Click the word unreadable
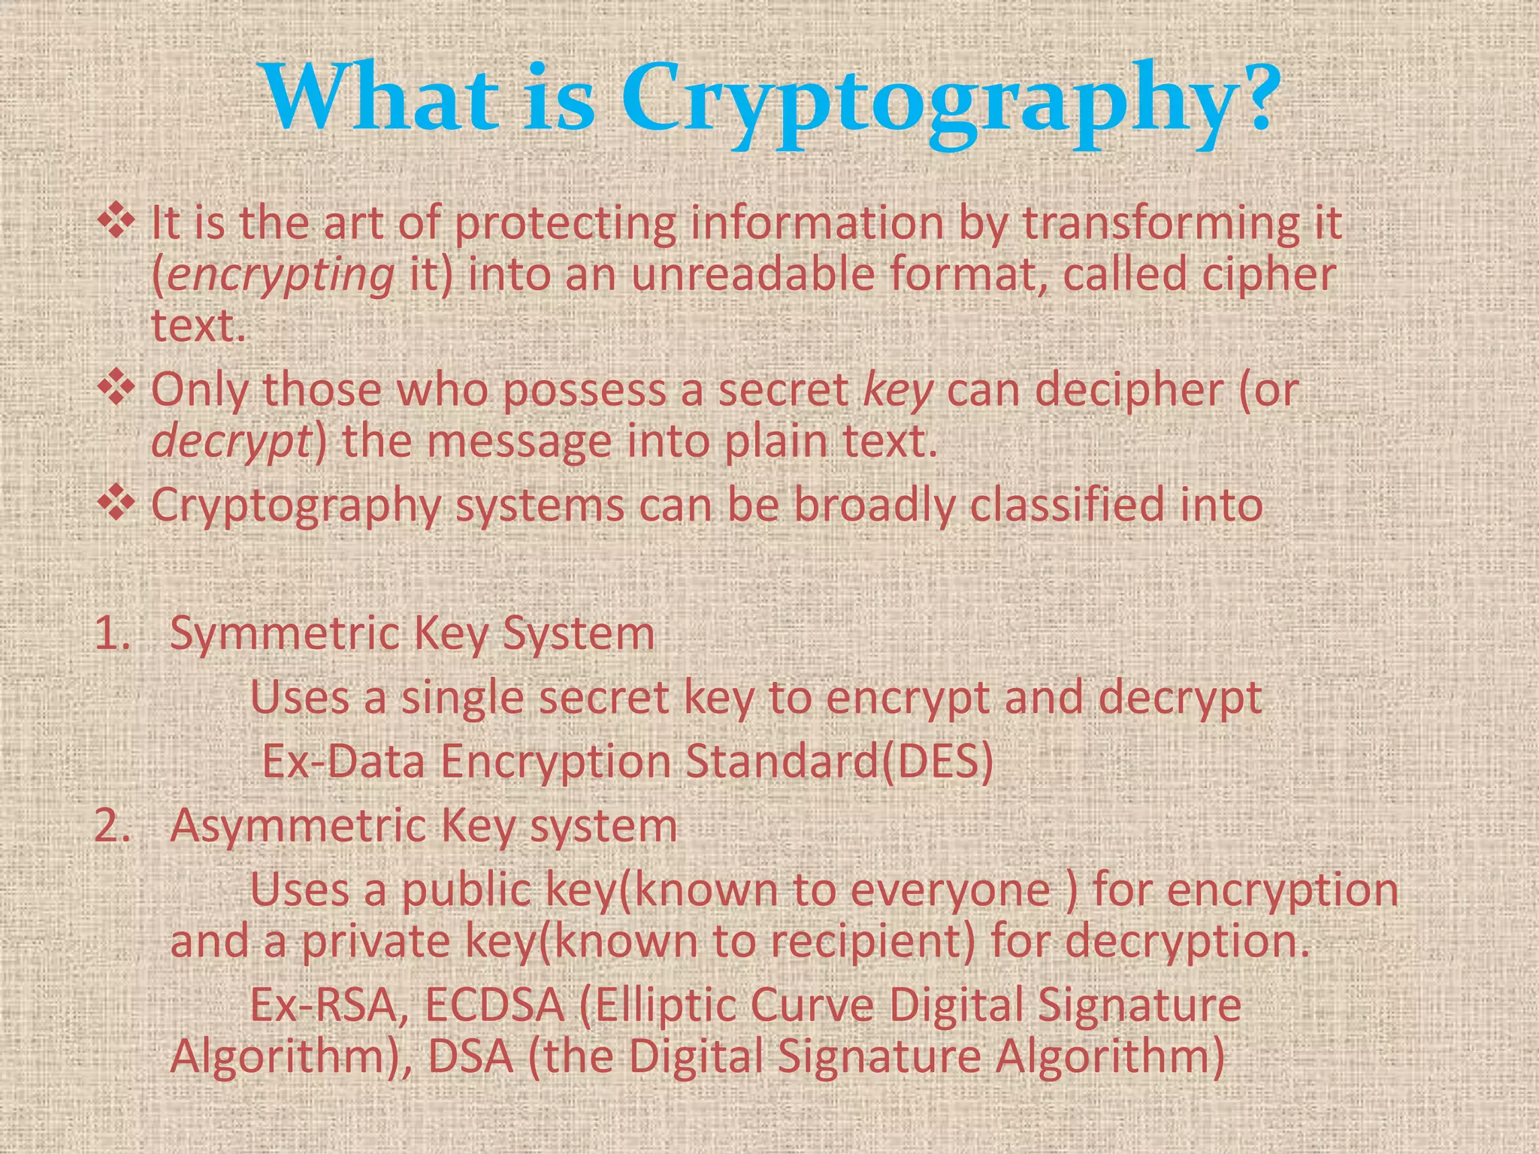click(x=752, y=273)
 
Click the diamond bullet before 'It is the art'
click(x=116, y=223)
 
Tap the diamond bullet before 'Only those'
click(x=116, y=388)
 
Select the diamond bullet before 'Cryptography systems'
click(x=116, y=503)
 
